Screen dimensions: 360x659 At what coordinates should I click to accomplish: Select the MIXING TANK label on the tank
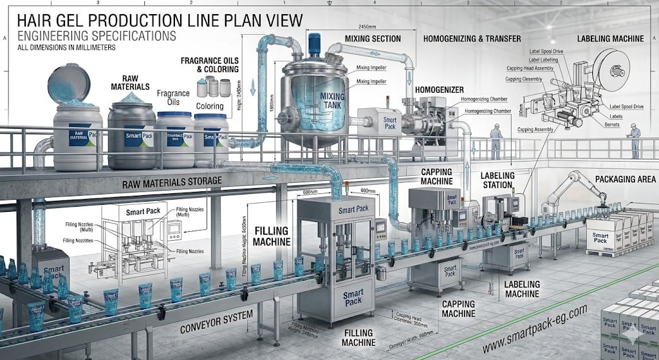[332, 101]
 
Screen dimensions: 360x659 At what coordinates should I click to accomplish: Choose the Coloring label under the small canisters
[210, 106]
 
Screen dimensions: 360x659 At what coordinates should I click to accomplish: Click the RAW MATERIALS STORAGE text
[172, 181]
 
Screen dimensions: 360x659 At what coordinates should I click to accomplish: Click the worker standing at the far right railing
[635, 142]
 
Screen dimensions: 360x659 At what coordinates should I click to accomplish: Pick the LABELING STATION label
[497, 180]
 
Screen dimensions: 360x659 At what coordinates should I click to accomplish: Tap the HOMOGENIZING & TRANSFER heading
[472, 39]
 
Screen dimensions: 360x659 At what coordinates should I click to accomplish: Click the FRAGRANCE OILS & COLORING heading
[209, 64]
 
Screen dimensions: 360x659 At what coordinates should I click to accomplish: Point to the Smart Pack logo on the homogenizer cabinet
[390, 122]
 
